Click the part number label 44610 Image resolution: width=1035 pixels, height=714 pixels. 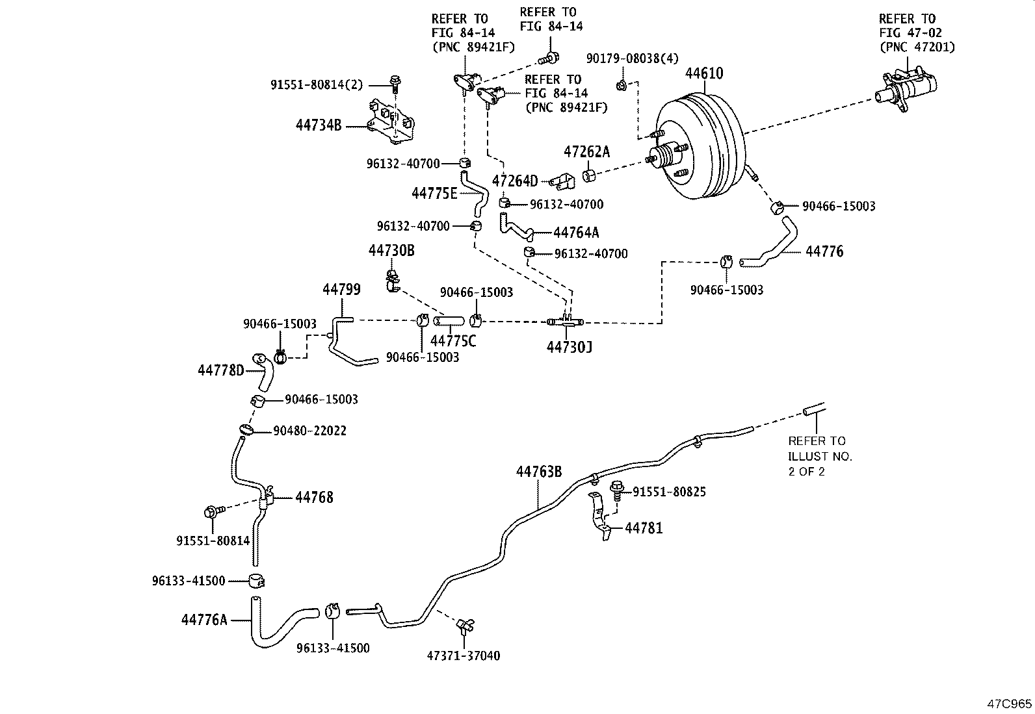coord(703,73)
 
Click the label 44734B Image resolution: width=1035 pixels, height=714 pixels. coord(318,125)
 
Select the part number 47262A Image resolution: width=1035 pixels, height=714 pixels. coord(586,152)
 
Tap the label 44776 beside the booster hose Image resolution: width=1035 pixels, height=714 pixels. coord(824,251)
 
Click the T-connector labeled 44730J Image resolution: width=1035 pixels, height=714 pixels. coord(565,322)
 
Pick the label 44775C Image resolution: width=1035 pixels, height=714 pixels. coord(453,340)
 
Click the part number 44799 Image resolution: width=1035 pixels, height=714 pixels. coord(341,290)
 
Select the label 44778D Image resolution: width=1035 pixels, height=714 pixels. coord(220,370)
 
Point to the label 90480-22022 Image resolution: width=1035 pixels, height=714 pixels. coord(309,431)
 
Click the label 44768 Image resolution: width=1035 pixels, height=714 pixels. coord(314,498)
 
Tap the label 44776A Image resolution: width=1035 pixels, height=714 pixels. coord(204,620)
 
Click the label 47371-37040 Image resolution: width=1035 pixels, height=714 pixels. coord(463,656)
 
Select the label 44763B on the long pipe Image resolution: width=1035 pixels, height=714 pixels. coord(538,472)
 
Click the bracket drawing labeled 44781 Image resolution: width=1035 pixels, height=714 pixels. coord(599,516)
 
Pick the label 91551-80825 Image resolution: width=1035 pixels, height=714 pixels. coord(669,492)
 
